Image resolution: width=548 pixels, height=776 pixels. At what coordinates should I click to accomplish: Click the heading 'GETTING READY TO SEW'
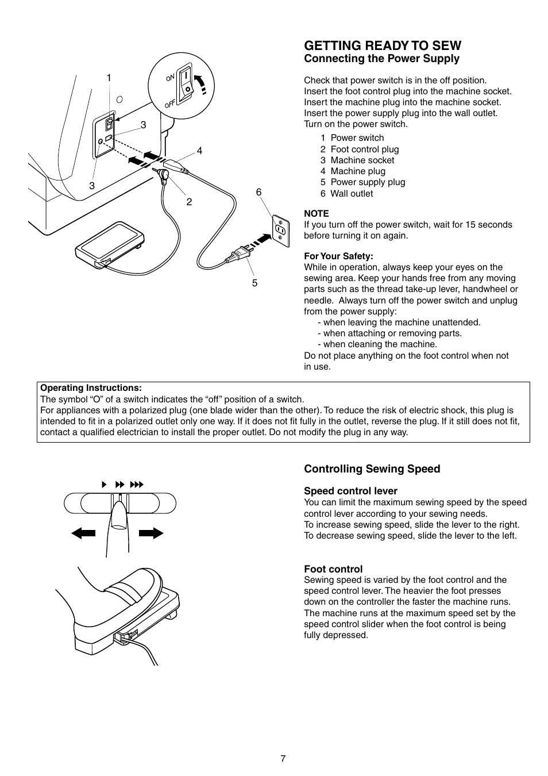[x=383, y=45]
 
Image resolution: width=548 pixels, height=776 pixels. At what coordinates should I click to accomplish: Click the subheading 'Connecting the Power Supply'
[x=381, y=59]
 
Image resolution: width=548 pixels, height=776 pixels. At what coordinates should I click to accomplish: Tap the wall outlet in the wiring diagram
[x=280, y=229]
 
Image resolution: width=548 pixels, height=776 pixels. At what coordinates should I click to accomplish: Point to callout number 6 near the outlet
[x=259, y=193]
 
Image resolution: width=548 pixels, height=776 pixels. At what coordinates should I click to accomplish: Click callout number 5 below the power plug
[x=254, y=283]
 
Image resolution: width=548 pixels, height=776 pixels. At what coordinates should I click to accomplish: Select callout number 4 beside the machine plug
[x=199, y=151]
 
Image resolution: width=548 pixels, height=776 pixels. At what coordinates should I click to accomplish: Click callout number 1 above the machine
[x=109, y=78]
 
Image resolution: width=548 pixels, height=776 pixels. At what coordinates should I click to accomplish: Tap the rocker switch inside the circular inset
[x=186, y=85]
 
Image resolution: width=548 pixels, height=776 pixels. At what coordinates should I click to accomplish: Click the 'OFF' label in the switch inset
[x=169, y=104]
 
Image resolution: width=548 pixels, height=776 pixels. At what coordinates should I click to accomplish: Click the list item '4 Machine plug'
[x=353, y=171]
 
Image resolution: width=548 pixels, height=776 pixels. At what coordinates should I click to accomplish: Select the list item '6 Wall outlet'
[x=346, y=194]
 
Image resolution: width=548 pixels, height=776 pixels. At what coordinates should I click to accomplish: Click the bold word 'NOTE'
[x=316, y=213]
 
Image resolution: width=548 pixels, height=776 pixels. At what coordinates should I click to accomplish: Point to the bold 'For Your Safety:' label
[x=338, y=256]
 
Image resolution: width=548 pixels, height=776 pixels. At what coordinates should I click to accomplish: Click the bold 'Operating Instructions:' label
[x=91, y=388]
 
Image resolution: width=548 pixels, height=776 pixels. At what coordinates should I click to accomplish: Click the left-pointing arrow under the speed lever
[x=83, y=533]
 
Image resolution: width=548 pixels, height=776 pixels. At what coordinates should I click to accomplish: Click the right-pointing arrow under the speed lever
[x=151, y=533]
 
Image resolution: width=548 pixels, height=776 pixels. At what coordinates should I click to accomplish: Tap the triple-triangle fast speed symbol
[x=136, y=485]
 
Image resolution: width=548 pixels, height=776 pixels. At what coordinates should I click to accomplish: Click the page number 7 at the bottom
[x=283, y=758]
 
